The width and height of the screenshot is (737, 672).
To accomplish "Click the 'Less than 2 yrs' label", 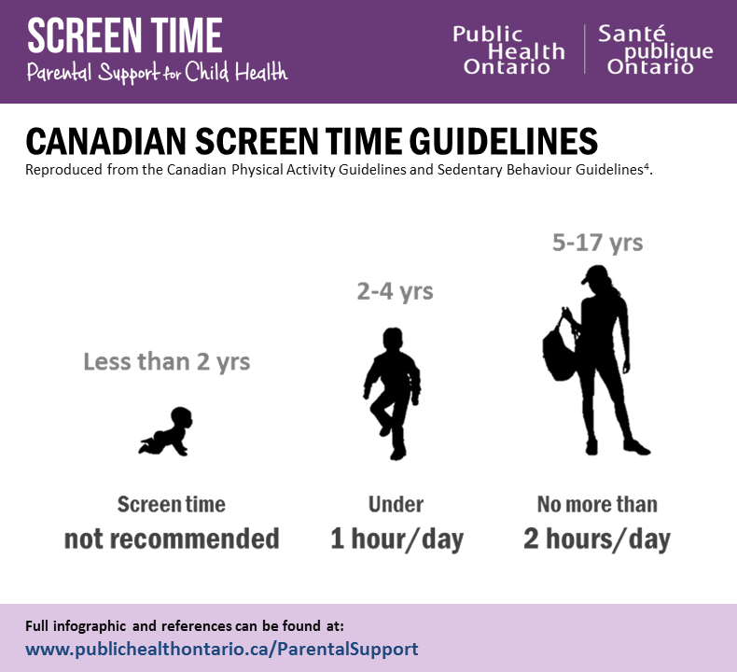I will [x=167, y=361].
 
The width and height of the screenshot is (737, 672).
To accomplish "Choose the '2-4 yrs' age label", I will [x=395, y=291].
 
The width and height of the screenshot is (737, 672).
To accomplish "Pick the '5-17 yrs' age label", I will [x=597, y=243].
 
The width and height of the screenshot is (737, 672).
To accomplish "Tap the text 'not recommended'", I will [x=172, y=539].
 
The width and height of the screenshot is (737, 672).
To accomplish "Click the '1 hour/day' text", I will [x=396, y=539].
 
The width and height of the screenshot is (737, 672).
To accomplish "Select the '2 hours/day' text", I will [x=597, y=539].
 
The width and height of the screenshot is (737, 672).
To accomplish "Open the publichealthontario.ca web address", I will [x=222, y=648].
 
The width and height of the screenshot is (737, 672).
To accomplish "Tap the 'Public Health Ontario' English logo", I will [x=508, y=50].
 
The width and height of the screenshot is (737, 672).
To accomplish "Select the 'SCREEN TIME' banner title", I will [x=124, y=35].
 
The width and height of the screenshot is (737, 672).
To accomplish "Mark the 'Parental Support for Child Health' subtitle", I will [x=157, y=73].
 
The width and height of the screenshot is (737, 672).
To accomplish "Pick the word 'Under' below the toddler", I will [x=396, y=505].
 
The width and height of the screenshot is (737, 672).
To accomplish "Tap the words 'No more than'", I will [x=597, y=505].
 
